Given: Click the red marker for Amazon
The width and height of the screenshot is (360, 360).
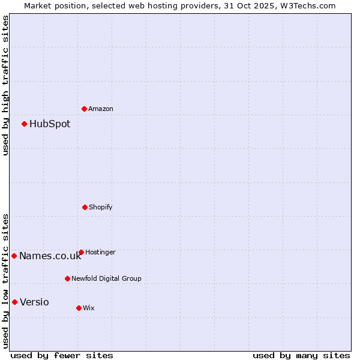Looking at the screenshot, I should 85,109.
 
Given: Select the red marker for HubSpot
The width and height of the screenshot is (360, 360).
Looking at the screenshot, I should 25,124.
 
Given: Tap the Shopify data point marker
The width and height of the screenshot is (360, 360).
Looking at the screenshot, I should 85,207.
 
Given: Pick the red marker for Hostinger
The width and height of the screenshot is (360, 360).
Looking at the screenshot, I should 81,252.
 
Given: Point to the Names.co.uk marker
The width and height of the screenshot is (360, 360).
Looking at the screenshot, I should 14,256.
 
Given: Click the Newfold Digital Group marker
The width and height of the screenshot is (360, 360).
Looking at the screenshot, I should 67,278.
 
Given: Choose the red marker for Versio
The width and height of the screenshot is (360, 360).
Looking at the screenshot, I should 15,302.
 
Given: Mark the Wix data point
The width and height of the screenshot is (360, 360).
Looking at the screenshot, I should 79,308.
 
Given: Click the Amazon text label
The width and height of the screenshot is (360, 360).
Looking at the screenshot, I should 101,109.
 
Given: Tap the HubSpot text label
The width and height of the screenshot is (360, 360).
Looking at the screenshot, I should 50,124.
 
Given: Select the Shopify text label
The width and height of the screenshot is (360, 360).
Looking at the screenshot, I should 101,207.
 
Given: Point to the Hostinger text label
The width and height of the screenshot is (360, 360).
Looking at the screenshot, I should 100,252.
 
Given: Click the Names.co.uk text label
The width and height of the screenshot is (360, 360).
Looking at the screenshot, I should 50,256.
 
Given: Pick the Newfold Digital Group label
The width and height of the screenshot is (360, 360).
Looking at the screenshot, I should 107,278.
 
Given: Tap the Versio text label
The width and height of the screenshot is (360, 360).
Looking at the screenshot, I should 34,302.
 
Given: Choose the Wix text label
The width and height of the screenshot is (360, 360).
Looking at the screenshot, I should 89,308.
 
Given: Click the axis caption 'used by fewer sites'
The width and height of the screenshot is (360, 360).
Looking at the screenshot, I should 62,355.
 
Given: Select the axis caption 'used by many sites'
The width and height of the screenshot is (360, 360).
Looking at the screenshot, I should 301,355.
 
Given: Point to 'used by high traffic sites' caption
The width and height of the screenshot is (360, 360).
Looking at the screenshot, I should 5,85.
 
